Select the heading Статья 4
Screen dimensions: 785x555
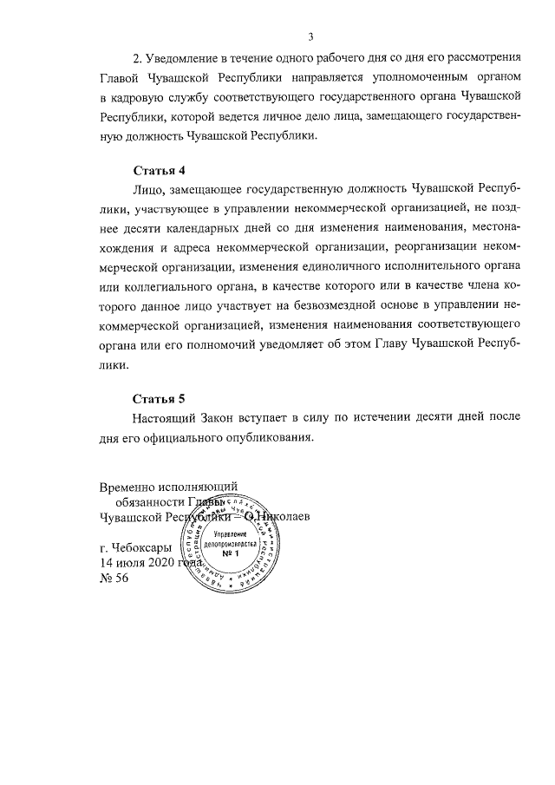tap(159, 169)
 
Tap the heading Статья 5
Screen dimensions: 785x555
tap(159, 400)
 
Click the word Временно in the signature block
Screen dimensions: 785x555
tap(127, 488)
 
